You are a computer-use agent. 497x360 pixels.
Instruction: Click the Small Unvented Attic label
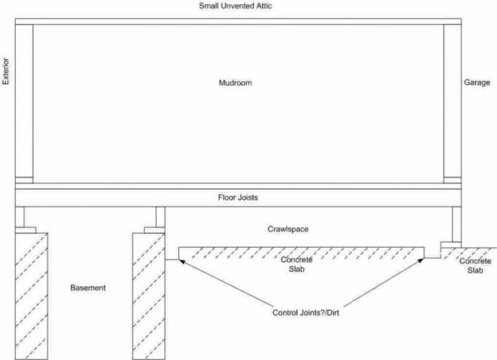(235, 6)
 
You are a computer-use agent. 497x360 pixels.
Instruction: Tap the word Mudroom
(235, 82)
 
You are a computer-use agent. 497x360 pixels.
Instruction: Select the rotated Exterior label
(6, 71)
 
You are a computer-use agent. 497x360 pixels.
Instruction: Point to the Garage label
(476, 82)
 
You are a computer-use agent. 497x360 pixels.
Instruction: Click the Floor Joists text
(238, 197)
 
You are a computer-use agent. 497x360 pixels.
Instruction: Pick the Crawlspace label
(288, 229)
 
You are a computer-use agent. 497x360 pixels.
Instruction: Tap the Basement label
(88, 288)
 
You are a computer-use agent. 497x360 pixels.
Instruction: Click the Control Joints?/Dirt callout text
(305, 313)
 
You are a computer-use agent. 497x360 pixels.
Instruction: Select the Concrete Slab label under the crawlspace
(297, 264)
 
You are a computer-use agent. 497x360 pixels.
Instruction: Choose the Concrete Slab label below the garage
(475, 266)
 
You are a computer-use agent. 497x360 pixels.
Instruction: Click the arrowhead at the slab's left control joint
(182, 261)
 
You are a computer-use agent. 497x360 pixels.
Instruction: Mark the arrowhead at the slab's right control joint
(420, 261)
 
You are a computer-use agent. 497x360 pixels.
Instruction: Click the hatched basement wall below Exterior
(31, 296)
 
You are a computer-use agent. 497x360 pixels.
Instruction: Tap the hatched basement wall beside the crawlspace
(148, 296)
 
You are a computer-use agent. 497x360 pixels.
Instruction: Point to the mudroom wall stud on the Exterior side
(24, 101)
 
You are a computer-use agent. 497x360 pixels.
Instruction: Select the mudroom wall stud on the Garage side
(452, 101)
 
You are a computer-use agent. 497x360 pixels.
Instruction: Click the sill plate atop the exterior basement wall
(26, 230)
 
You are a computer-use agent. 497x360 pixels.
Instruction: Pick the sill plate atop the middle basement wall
(154, 230)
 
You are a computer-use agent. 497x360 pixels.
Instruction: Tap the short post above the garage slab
(457, 224)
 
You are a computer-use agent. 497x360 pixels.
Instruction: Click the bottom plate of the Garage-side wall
(452, 180)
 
